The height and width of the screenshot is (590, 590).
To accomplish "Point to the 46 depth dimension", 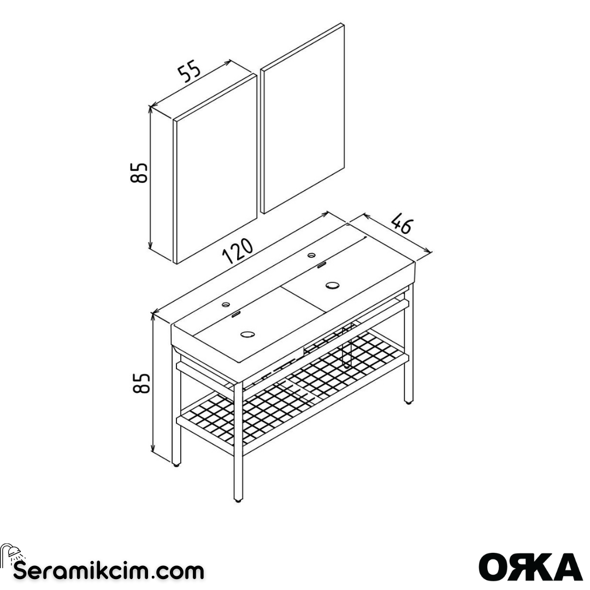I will [402, 225].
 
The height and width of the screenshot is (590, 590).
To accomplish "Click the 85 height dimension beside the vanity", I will [141, 383].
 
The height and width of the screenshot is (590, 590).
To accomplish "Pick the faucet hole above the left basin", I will [227, 304].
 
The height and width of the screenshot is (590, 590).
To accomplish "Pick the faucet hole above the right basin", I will [312, 255].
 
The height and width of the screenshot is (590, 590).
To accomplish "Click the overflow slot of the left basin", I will [236, 314].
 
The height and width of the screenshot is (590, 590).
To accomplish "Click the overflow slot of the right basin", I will [321, 265].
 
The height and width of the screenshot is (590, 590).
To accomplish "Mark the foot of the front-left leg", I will [176, 465].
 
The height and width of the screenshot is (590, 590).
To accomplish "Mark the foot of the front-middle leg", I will [238, 499].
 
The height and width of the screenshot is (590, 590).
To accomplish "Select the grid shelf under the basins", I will [295, 393].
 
